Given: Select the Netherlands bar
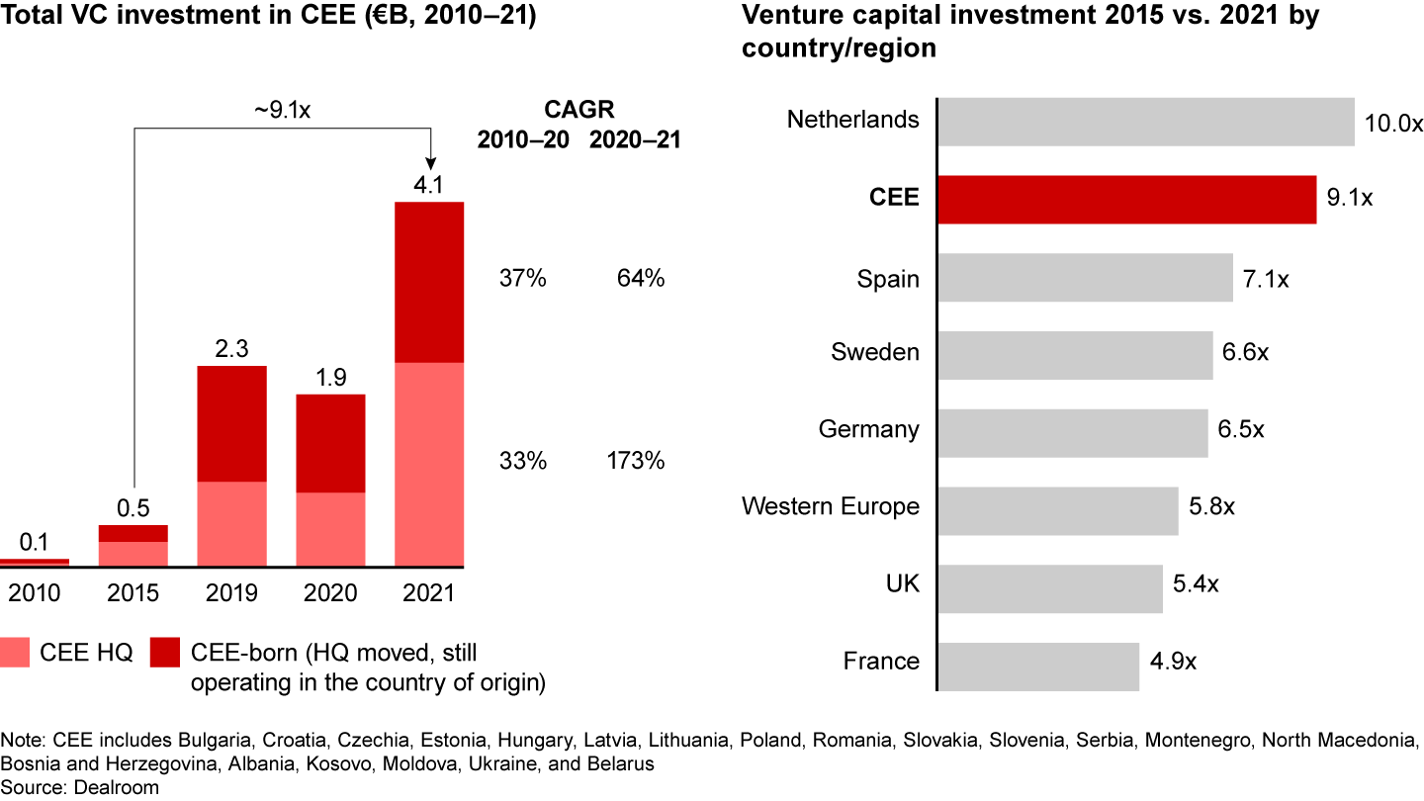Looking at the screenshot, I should tap(1144, 121).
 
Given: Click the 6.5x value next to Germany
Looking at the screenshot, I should tap(1241, 430).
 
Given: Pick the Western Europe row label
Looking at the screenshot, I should tap(830, 507).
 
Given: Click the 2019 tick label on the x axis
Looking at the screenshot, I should tap(231, 593).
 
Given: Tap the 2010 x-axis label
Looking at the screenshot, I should tap(34, 593).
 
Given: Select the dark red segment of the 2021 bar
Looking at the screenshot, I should tap(429, 282).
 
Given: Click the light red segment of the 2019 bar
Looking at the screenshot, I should tap(231, 524).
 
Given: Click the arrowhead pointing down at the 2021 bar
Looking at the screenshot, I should tap(429, 162).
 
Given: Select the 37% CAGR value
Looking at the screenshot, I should tap(522, 279).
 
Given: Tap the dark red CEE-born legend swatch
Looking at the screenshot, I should tap(164, 653).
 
